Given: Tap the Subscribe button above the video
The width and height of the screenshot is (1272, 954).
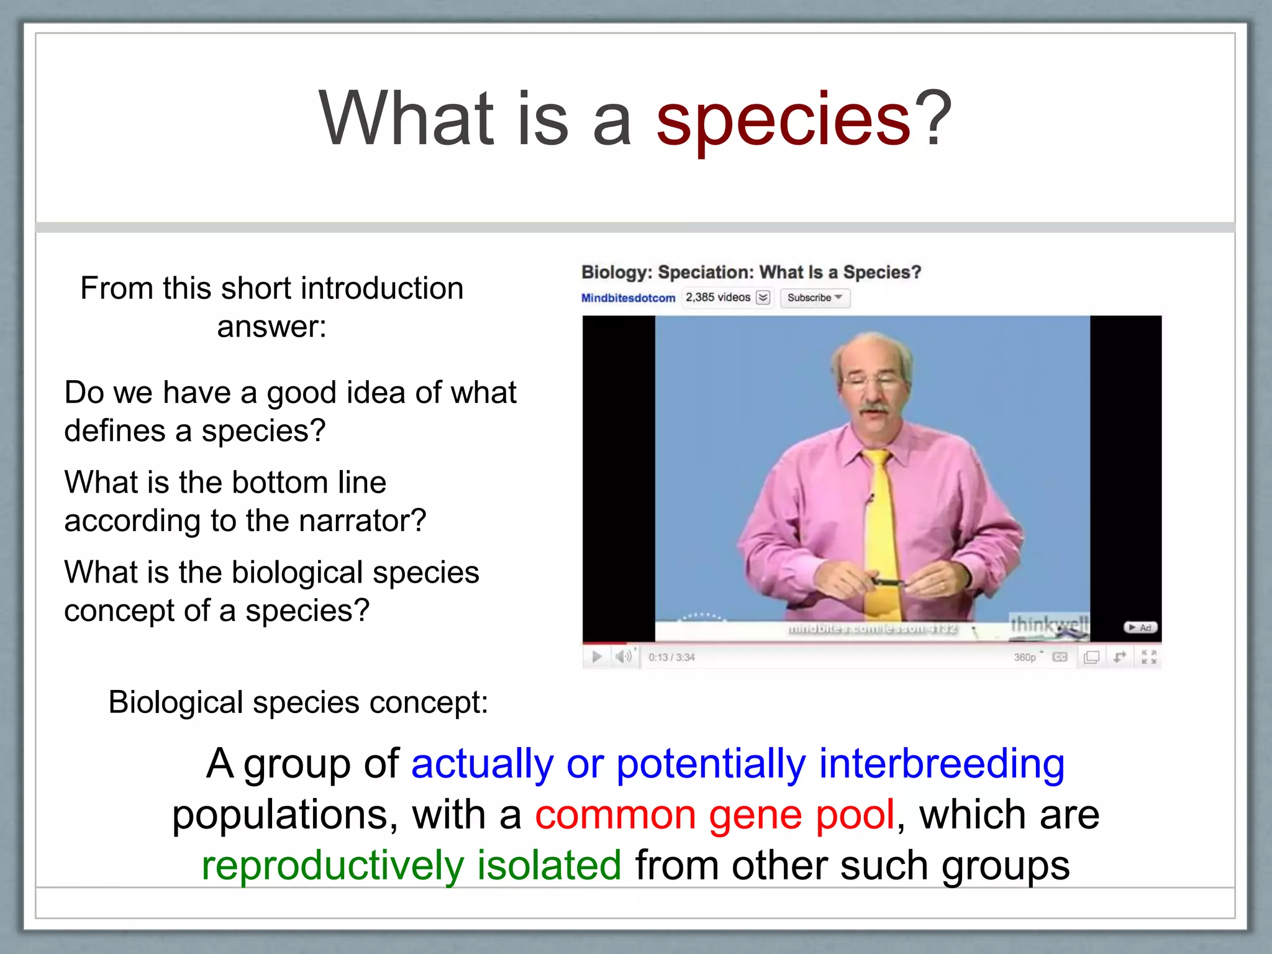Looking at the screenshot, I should [x=814, y=298].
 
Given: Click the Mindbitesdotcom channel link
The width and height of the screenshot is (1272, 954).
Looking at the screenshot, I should [x=628, y=298].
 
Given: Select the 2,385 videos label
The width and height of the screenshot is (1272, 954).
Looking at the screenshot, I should [x=718, y=298].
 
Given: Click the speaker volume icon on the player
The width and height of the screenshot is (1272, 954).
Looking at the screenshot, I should [x=624, y=656].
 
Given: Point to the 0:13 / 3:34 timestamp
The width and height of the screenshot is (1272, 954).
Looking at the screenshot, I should [x=671, y=657].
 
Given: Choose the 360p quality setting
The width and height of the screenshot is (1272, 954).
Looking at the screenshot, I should [x=1025, y=657].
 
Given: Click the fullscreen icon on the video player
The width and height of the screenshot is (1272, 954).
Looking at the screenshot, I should [x=1148, y=657].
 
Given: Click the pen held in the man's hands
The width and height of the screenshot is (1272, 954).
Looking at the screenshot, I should [x=888, y=583].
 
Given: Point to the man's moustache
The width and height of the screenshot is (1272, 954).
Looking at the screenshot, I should [x=874, y=409].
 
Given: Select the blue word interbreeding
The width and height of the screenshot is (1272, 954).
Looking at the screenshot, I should [x=941, y=764].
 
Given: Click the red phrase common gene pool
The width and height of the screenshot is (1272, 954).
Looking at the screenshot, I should [x=714, y=815].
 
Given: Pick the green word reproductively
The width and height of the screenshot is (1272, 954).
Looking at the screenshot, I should [x=332, y=866].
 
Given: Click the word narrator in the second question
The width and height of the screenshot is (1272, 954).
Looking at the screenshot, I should [x=361, y=520].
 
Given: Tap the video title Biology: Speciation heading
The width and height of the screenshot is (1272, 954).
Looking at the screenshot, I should [x=750, y=272].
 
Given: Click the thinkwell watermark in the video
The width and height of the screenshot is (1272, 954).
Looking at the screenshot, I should [x=1048, y=624].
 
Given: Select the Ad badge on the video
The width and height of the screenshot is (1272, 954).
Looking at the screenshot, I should [x=1141, y=628].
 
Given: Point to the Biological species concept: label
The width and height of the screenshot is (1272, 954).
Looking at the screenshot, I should [x=298, y=702].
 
